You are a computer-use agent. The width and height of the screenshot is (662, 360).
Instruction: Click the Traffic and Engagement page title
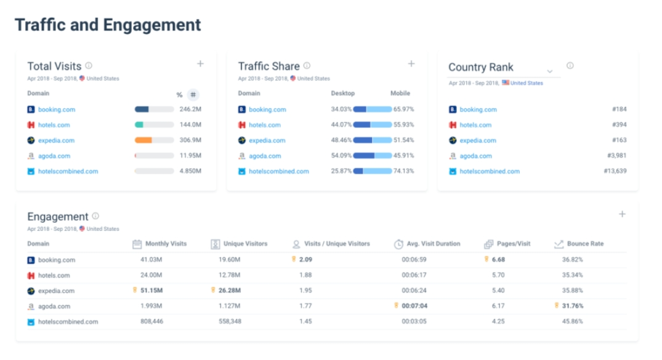108,25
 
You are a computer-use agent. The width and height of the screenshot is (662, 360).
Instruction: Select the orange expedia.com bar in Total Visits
143,140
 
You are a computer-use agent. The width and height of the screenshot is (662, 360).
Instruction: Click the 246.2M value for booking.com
190,110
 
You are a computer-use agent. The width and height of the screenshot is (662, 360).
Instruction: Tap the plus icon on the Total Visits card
200,63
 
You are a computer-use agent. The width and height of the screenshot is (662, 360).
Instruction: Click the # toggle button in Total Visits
193,95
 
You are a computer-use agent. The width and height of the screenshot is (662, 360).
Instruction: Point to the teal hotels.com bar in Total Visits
139,125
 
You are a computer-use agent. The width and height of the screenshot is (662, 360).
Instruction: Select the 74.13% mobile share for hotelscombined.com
403,172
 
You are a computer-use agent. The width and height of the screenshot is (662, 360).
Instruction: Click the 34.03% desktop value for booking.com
341,110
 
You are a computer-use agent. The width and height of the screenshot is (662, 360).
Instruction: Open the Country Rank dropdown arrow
550,71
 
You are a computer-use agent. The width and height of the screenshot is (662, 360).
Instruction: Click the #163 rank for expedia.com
619,140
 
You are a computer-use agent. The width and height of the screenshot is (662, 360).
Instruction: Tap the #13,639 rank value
615,172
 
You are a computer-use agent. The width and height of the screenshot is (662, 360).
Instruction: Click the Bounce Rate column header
584,244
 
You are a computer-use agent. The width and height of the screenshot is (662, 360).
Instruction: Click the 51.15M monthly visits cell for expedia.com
151,290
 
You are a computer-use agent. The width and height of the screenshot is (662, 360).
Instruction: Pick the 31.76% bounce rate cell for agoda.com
573,306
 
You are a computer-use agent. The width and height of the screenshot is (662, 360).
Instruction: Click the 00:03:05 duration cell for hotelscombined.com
414,321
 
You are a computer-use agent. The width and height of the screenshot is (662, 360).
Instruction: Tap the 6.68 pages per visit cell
498,260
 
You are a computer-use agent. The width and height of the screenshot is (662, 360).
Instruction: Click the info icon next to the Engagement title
95,216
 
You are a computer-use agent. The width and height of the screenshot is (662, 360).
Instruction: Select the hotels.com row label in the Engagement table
54,275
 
